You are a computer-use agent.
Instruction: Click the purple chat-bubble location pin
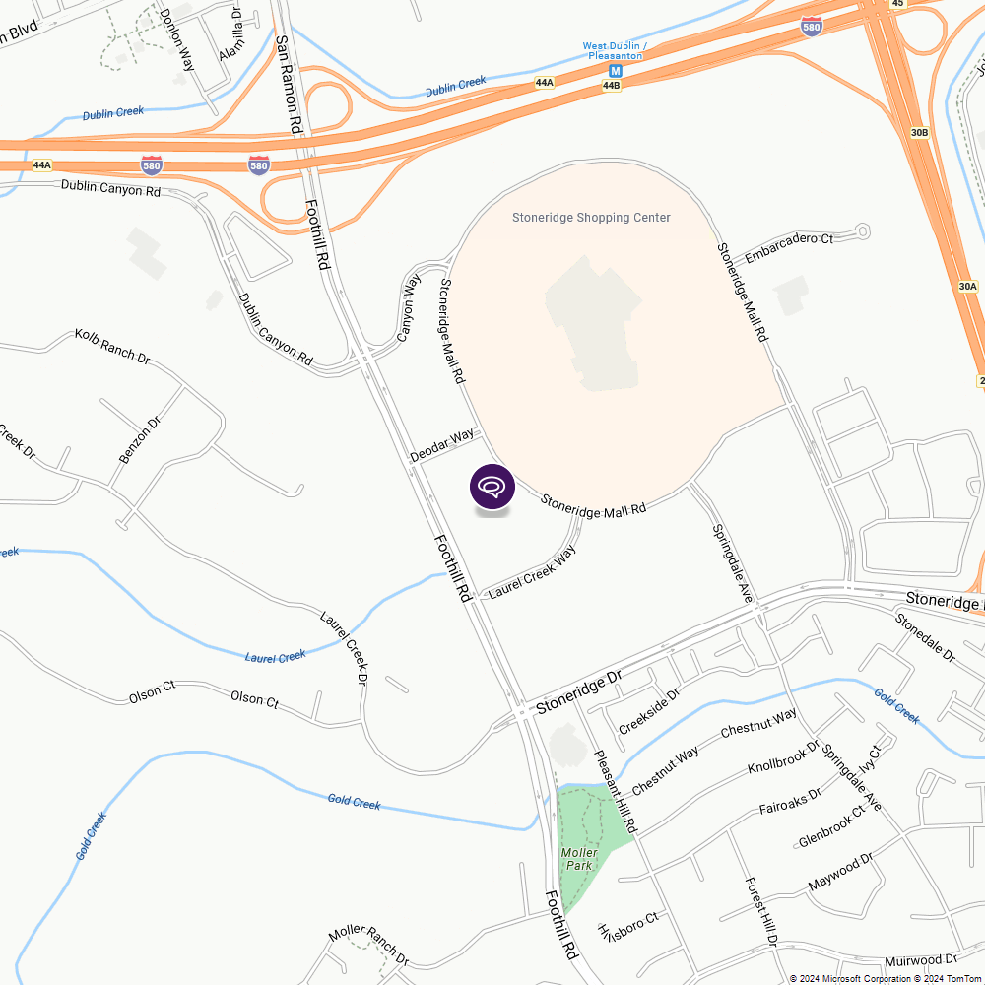point(492,488)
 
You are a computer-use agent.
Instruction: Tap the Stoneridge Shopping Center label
point(591,218)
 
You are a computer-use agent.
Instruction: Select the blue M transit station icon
point(616,71)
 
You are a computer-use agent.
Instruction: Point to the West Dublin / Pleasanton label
point(615,51)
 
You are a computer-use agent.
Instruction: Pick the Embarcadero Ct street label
point(789,246)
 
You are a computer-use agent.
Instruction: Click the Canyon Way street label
point(409,307)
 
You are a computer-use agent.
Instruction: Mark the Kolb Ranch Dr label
point(111,347)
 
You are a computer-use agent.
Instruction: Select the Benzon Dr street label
point(139,440)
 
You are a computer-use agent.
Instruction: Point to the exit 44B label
point(612,86)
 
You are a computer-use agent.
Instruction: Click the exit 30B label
point(919,132)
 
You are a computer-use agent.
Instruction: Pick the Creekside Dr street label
point(649,711)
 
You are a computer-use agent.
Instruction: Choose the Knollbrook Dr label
point(784,755)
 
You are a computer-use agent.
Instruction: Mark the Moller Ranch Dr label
point(368,945)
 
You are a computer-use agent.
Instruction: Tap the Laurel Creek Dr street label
point(344,646)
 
